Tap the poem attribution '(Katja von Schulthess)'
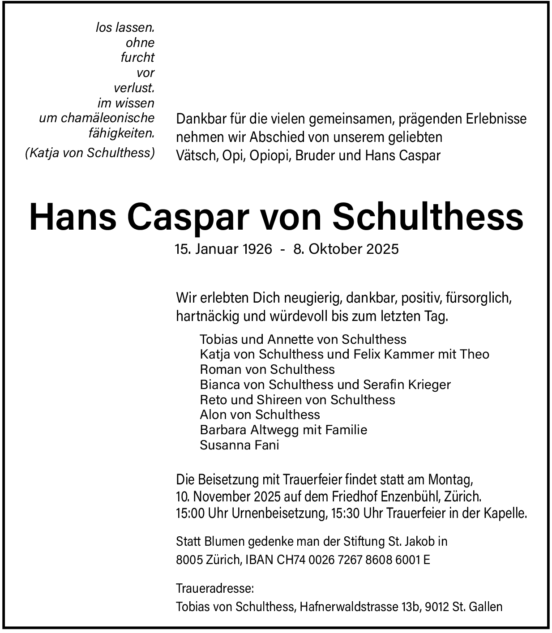pos(90,153)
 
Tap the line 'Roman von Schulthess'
pos(267,369)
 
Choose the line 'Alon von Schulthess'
pos(260,415)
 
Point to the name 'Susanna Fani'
pos(240,445)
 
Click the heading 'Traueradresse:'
pos(215,588)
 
